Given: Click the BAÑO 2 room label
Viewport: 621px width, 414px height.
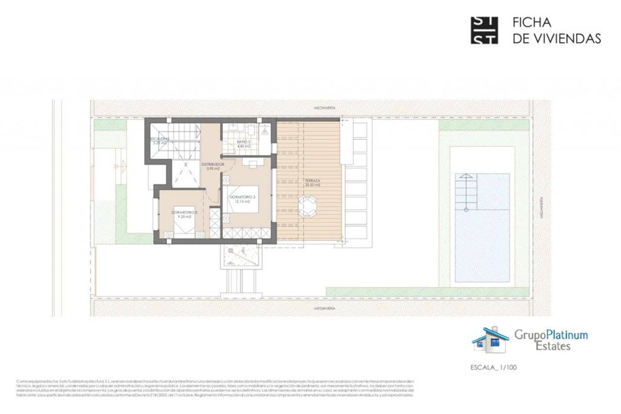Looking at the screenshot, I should click(244, 141).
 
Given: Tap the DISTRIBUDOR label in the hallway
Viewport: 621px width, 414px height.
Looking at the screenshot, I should click(212, 165).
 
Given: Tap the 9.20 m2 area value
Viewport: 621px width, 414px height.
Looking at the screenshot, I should click(184, 217).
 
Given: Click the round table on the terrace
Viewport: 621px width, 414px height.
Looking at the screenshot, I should click(307, 206).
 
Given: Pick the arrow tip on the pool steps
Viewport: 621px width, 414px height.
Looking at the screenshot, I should click(466, 176).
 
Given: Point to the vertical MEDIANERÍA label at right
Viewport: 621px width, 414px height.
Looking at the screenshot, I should click(541, 208).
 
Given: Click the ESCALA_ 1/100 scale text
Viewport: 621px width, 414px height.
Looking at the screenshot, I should click(494, 367).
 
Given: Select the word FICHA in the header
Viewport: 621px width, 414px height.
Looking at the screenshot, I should click(532, 23).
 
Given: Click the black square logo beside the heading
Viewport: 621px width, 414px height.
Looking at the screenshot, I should click(484, 31).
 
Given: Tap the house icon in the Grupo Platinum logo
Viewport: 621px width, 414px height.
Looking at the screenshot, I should click(490, 340).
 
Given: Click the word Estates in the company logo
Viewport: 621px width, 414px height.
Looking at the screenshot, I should click(553, 346).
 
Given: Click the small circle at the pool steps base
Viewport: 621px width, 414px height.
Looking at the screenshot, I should click(466, 210).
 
